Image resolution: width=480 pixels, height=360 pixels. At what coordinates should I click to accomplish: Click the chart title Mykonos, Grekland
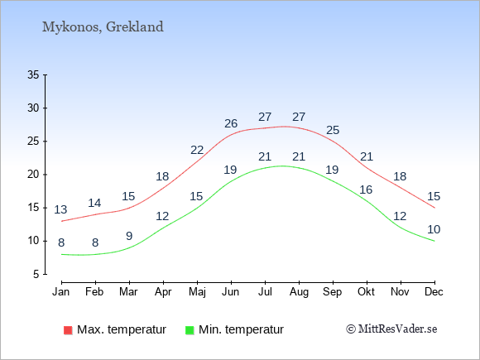pyautogui.click(x=103, y=27)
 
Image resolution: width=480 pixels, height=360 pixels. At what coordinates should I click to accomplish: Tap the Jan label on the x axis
pyautogui.click(x=61, y=292)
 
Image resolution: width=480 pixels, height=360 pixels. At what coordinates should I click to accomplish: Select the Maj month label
pyautogui.click(x=197, y=292)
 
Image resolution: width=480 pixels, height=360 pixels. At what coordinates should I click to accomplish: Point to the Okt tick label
pyautogui.click(x=366, y=292)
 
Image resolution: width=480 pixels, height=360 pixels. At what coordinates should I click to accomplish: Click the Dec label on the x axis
pyautogui.click(x=434, y=292)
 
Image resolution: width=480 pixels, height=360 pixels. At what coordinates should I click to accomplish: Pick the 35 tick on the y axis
pyautogui.click(x=33, y=74)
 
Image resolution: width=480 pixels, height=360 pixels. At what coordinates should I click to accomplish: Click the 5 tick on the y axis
pyautogui.click(x=36, y=274)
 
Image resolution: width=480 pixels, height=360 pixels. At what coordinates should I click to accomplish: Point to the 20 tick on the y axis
pyautogui.click(x=33, y=175)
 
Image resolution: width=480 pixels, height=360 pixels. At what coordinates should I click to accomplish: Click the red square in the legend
pyautogui.click(x=68, y=330)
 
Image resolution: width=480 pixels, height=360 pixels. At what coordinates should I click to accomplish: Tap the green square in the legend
pyautogui.click(x=190, y=330)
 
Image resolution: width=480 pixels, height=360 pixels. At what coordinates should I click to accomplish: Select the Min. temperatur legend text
pyautogui.click(x=241, y=329)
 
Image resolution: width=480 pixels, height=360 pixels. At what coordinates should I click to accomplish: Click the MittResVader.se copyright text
pyautogui.click(x=391, y=329)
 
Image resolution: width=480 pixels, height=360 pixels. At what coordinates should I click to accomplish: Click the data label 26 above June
pyautogui.click(x=231, y=123)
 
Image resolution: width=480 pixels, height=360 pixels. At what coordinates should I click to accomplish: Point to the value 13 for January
pyautogui.click(x=60, y=209)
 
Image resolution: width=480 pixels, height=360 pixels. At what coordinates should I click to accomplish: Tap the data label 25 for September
pyautogui.click(x=333, y=131)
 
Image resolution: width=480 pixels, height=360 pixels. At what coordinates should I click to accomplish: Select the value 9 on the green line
pyautogui.click(x=129, y=236)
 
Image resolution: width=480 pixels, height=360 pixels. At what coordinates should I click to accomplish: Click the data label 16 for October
pyautogui.click(x=366, y=190)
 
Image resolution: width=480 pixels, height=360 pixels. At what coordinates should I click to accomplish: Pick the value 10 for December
pyautogui.click(x=434, y=229)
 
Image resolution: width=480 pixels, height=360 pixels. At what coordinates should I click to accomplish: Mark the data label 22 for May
pyautogui.click(x=197, y=151)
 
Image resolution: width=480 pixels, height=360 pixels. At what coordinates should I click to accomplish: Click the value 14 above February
pyautogui.click(x=94, y=203)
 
